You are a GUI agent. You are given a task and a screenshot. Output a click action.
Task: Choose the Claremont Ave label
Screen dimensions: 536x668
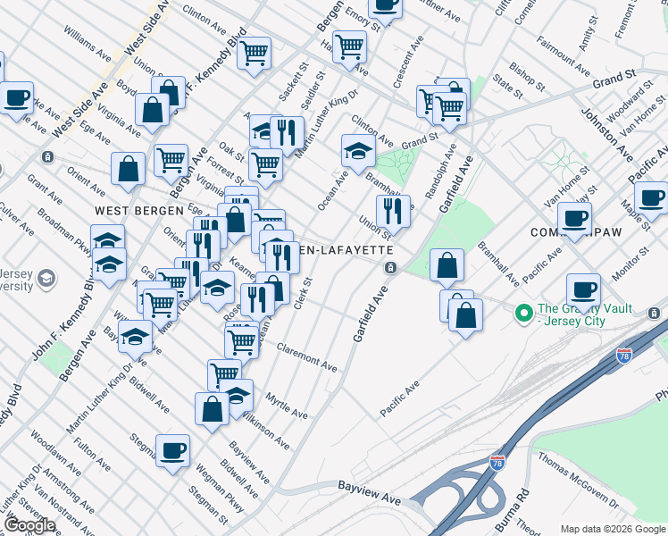(x=306, y=356)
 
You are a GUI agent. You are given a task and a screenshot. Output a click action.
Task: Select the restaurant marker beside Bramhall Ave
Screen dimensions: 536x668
(x=393, y=211)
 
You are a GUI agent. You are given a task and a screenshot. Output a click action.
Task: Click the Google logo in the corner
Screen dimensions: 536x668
(x=30, y=525)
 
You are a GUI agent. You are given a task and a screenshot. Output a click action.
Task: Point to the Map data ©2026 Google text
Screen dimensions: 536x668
(x=614, y=529)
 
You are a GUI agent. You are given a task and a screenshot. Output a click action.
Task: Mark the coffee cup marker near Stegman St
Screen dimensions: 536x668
(x=172, y=449)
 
